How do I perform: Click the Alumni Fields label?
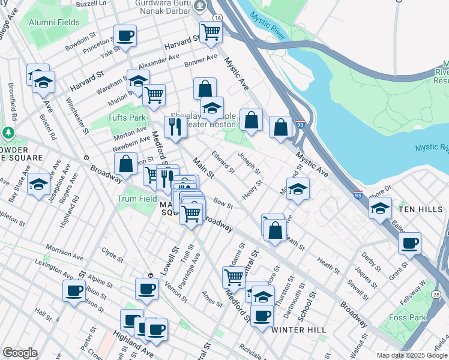(53, 22)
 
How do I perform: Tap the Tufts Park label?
(127, 118)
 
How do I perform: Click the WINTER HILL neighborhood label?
(298, 330)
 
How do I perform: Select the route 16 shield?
(217, 19)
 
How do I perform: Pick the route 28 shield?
(436, 294)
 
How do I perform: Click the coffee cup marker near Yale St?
(125, 37)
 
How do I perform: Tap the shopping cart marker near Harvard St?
(211, 32)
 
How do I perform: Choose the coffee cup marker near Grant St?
(410, 244)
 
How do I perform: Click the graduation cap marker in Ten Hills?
(379, 209)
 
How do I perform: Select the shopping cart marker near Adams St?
(234, 277)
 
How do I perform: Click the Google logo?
(20, 353)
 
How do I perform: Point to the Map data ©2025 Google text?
(411, 355)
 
